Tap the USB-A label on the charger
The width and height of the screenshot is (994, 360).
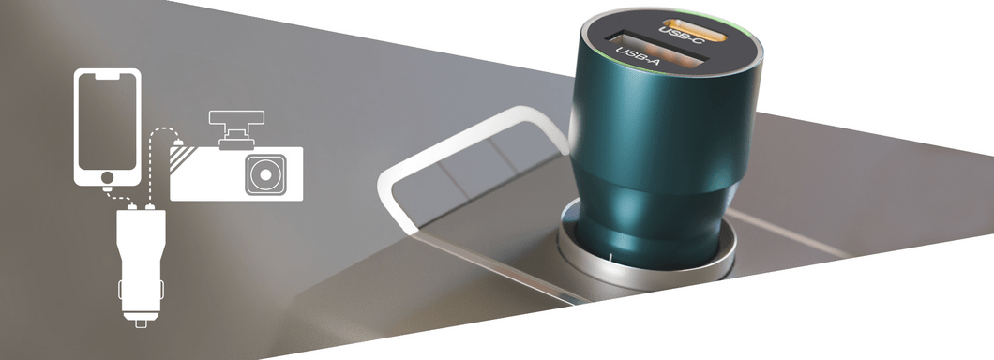click(638, 55)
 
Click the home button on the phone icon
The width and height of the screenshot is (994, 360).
click(107, 177)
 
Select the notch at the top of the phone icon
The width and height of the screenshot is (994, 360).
click(107, 75)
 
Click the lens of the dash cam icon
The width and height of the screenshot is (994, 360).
click(265, 174)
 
